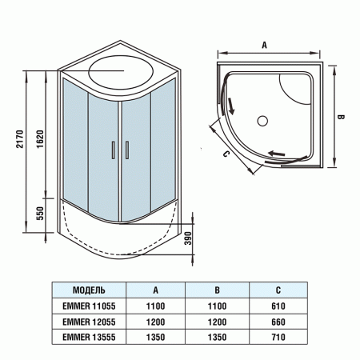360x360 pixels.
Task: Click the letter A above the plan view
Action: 264,46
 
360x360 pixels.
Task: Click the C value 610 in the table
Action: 278,306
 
